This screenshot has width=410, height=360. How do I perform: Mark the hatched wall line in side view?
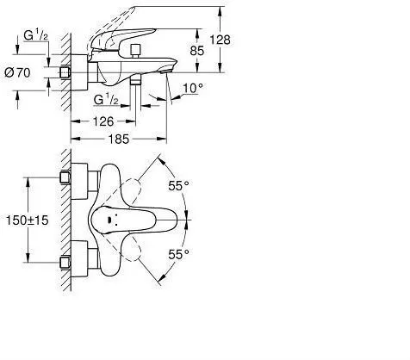pyautogui.click(x=65, y=69)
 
